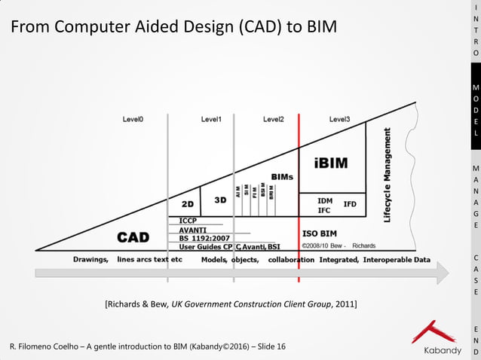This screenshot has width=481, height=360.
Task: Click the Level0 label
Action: [x=133, y=119]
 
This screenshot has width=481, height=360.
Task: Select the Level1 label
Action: [x=211, y=119]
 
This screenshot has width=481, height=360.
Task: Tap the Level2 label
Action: [x=273, y=119]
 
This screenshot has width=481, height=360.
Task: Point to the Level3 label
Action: [x=339, y=119]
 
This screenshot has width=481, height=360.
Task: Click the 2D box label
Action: [x=188, y=203]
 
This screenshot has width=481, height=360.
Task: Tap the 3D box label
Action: [x=220, y=200]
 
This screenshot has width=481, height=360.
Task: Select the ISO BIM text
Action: [x=325, y=233]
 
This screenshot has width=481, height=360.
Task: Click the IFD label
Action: [x=350, y=204]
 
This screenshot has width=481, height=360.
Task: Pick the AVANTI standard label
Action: [x=193, y=230]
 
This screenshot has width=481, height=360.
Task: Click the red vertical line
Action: [x=299, y=196]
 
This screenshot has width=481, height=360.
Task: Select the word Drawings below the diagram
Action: [x=90, y=259]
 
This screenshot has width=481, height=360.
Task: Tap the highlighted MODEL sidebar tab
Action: [x=475, y=121]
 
